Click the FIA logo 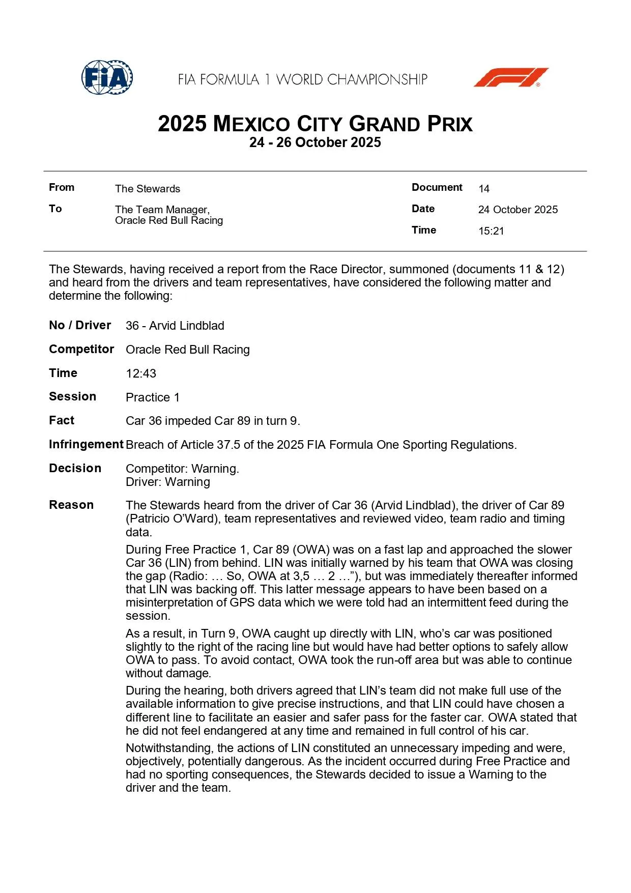click(x=107, y=78)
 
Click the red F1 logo click(x=511, y=77)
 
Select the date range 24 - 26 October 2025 click(x=315, y=142)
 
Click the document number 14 click(x=483, y=189)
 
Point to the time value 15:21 click(x=491, y=231)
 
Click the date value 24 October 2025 click(x=518, y=210)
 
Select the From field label click(x=62, y=187)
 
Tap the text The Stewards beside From click(x=148, y=189)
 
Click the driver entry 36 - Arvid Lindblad click(x=175, y=326)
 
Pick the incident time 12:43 click(x=141, y=373)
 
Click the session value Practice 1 click(x=153, y=397)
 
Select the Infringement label click(x=86, y=444)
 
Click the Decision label click(x=75, y=468)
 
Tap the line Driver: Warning click(x=168, y=482)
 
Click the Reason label click(x=71, y=505)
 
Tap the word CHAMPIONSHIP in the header click(x=377, y=79)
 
